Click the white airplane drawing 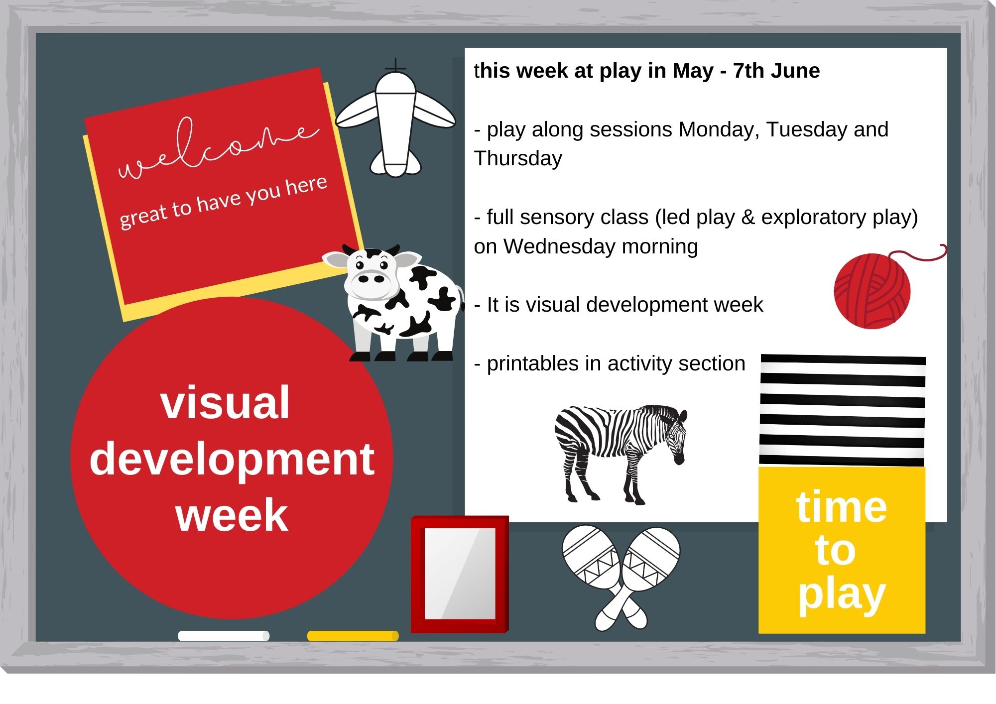pos(396,119)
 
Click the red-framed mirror pos(460,574)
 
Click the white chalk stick pos(224,636)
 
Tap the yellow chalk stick pos(353,636)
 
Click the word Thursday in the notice pos(518,158)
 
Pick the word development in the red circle pos(232,460)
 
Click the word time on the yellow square pos(842,506)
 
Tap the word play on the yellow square pos(842,595)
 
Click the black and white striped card pos(842,411)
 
